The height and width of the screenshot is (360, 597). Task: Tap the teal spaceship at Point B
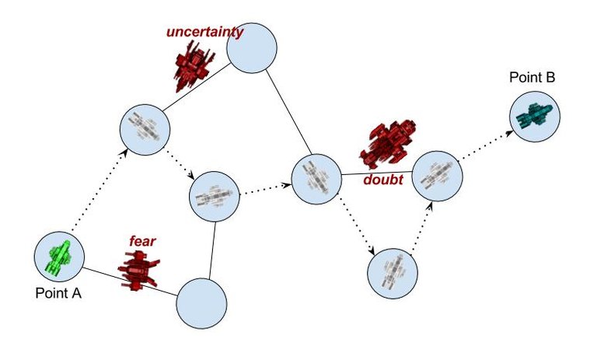click(535, 116)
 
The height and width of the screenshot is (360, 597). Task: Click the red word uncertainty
click(204, 32)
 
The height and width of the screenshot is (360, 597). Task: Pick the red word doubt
click(383, 180)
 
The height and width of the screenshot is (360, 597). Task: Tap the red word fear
click(142, 241)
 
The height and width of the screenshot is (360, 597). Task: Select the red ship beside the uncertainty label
click(192, 63)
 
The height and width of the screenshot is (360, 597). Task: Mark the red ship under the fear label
click(138, 269)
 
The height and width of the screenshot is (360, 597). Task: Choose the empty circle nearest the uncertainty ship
click(252, 47)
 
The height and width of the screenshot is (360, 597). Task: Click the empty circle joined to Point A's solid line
click(201, 303)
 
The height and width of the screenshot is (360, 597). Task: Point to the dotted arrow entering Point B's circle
click(487, 145)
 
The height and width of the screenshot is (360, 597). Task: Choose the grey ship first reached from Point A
click(144, 126)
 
